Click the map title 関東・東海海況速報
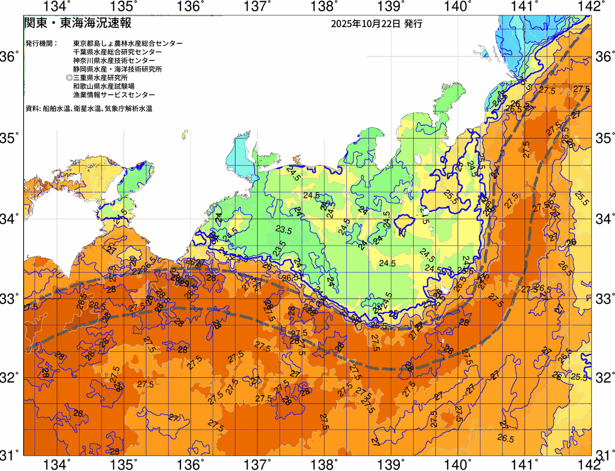pos(77,23)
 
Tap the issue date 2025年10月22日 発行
pos(376,24)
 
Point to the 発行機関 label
pos(41,43)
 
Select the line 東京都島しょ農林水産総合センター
pos(128,43)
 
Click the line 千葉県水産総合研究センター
pos(118,52)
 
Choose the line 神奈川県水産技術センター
pos(114,61)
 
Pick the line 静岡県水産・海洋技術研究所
pos(118,69)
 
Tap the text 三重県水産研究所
pos(100,78)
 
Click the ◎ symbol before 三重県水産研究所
pos(69,78)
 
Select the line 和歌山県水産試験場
pos(104,87)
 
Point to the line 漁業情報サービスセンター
pos(114,95)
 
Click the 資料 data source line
pos(89,109)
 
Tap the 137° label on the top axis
pos(255,7)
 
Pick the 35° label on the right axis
pos(604,138)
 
